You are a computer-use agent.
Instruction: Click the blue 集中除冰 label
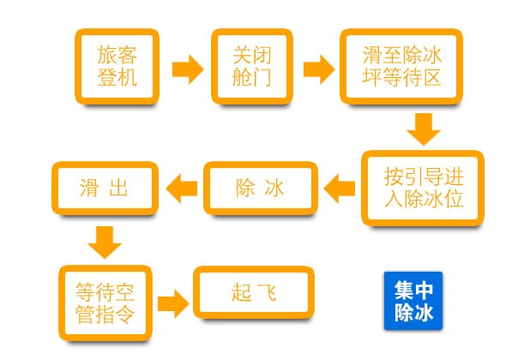[413, 301]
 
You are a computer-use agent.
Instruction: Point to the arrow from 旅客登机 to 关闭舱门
[188, 69]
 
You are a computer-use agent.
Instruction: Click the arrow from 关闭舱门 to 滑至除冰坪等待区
[319, 69]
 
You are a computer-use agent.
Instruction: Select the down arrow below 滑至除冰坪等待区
[424, 129]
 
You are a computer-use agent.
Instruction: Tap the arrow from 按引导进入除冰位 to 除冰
[339, 189]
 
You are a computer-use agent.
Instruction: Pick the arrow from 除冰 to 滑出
[182, 189]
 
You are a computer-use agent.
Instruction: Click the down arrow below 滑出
[105, 243]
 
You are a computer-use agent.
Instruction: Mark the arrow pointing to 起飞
[173, 303]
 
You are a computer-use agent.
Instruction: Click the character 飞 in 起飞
[268, 292]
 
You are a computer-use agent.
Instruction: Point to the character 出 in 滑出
[118, 188]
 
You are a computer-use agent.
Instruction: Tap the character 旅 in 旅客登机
[107, 55]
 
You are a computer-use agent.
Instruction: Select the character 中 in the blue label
[424, 290]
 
